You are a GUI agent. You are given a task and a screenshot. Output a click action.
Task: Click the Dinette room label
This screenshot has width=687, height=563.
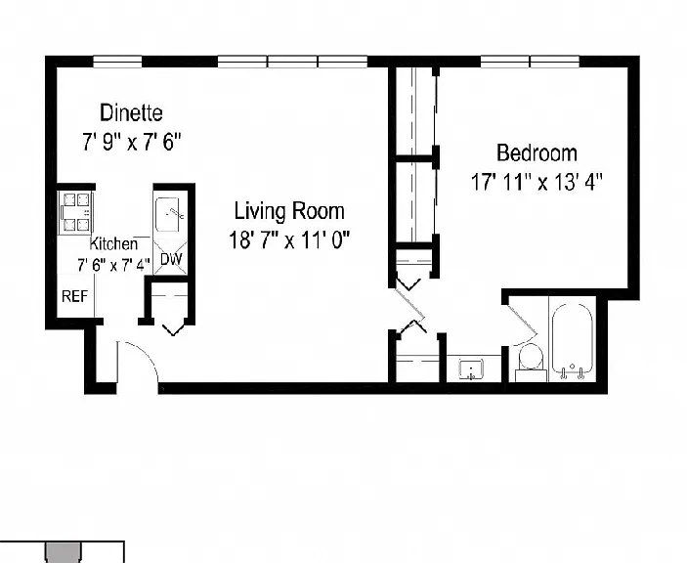point(132,113)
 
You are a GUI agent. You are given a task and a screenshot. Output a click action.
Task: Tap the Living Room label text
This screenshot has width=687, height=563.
point(289,211)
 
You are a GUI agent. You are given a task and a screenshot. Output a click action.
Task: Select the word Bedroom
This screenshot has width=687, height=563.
point(537,152)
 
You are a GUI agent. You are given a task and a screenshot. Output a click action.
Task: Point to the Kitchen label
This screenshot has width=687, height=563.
point(113,243)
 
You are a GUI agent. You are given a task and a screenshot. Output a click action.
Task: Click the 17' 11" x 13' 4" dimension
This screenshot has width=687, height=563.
point(537,182)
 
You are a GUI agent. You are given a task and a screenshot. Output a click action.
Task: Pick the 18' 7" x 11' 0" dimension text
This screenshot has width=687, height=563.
point(289,240)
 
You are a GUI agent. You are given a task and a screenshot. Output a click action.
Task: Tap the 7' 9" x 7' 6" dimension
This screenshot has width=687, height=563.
point(132,142)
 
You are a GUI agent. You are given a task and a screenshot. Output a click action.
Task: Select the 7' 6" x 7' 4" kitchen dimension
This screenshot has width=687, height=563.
point(113,265)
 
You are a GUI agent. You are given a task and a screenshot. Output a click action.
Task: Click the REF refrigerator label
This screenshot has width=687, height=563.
point(74,296)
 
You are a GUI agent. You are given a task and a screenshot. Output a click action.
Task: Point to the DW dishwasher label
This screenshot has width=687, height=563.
point(171,259)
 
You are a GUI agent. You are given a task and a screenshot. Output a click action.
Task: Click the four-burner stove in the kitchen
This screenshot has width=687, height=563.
point(76,212)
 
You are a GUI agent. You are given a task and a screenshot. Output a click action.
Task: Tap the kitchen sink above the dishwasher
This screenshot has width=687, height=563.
point(170,215)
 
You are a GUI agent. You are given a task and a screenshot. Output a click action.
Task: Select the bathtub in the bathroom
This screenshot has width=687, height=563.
point(573,340)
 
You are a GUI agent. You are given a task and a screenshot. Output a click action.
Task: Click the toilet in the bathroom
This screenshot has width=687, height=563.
point(531,362)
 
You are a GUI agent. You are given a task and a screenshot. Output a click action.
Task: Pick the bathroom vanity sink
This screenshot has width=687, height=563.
point(471,368)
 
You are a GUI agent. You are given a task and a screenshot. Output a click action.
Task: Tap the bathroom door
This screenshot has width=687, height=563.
point(522,320)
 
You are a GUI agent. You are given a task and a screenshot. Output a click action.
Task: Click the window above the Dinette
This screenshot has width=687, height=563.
point(117,62)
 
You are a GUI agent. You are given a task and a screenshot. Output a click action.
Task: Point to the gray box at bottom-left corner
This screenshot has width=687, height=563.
point(64,553)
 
